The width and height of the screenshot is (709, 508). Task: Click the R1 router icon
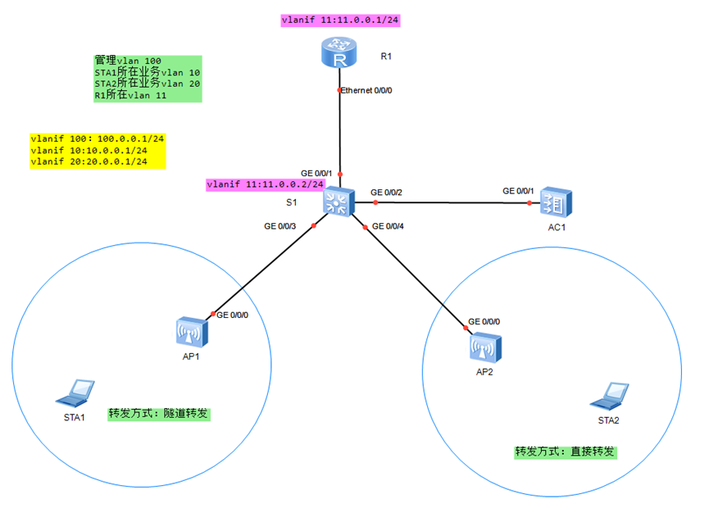click(339, 56)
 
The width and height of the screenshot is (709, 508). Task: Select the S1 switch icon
click(339, 201)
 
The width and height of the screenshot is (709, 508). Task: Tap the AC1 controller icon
click(557, 202)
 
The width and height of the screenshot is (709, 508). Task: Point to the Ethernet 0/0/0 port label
click(368, 91)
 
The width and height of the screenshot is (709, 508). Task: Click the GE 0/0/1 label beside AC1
click(518, 191)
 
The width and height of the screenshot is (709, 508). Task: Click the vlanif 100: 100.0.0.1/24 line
click(97, 139)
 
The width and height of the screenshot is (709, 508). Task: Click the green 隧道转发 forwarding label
click(159, 415)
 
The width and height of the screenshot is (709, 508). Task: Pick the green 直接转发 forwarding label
click(565, 451)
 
